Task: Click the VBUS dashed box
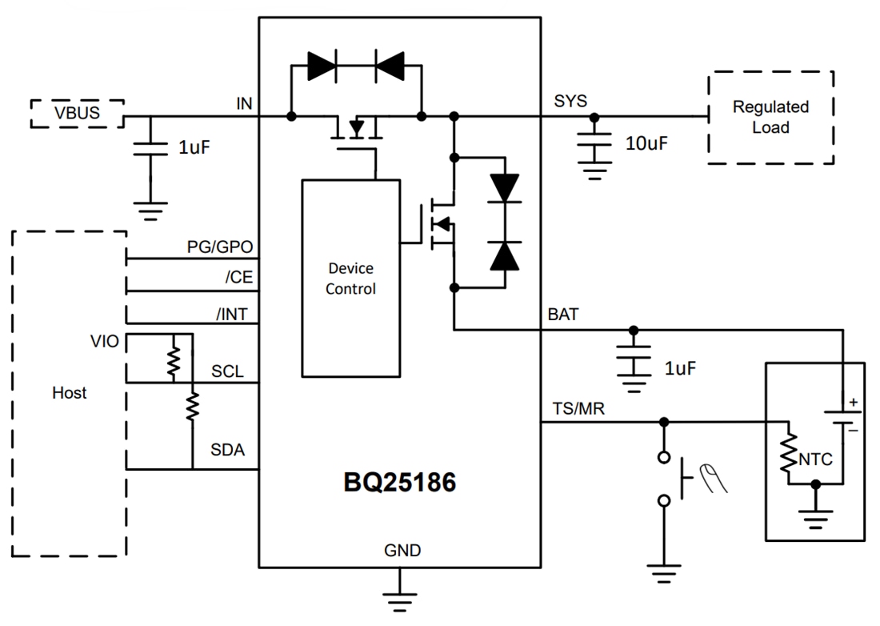[78, 113]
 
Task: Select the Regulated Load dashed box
[770, 117]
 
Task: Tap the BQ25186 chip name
[400, 482]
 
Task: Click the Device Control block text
[350, 279]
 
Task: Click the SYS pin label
[570, 101]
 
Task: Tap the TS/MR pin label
[578, 409]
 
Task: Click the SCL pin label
[228, 372]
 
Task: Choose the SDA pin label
[228, 451]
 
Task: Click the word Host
[69, 393]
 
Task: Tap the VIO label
[106, 342]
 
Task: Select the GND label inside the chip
[402, 551]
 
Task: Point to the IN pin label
[244, 103]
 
